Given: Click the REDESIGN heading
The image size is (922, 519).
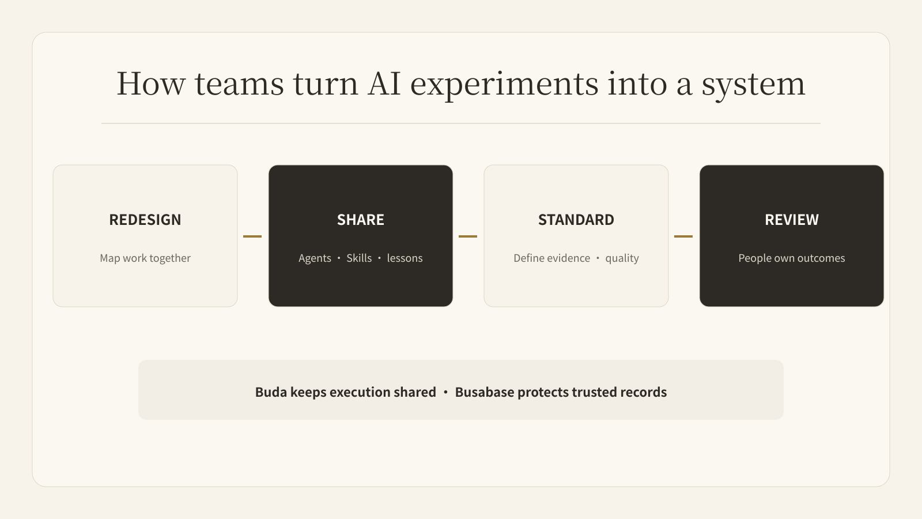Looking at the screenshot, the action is click(145, 220).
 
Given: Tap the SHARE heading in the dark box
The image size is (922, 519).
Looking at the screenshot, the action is click(361, 220).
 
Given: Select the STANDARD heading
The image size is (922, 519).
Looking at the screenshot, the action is click(576, 220).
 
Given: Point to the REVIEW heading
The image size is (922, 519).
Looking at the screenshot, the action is click(792, 220).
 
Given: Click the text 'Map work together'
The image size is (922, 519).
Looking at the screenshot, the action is click(145, 258).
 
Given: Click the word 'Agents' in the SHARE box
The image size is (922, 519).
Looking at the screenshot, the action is click(315, 258).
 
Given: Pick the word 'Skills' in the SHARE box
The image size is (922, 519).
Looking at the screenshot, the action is click(359, 258).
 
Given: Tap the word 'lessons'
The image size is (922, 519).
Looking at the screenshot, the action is click(405, 258).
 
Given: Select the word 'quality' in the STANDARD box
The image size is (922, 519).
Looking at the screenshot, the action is click(622, 258).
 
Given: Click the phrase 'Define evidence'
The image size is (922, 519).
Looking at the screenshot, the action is click(551, 258).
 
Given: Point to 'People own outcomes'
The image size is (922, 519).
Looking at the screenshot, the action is click(792, 258).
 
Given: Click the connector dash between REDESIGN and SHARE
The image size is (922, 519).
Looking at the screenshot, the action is click(252, 236).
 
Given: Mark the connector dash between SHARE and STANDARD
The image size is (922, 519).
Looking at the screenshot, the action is click(467, 236).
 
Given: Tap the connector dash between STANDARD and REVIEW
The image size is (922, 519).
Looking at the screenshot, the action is click(683, 236).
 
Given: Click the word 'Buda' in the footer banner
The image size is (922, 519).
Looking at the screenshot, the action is click(271, 392).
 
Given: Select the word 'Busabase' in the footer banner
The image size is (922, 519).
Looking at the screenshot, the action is click(485, 392).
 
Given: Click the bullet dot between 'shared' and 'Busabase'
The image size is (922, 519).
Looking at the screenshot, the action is click(445, 392).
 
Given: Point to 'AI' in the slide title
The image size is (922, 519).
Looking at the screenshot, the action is click(384, 84).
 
